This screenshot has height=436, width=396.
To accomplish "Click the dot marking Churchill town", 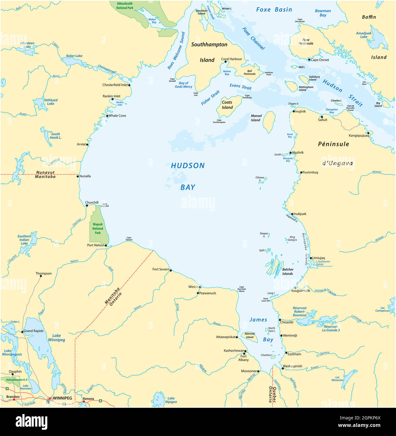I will tap(87, 206).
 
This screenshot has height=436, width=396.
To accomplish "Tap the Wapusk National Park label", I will tap(98, 228).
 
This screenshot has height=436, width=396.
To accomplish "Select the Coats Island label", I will tap(227, 105).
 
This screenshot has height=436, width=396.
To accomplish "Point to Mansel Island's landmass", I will tap(269, 122).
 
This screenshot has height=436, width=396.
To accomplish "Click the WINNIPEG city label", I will tap(62, 398).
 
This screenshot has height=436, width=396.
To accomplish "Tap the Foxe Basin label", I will tap(274, 10).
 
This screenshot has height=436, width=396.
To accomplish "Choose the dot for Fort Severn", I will tap(171, 270).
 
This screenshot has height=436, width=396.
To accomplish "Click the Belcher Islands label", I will tap(288, 271).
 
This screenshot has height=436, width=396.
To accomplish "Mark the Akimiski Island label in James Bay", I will tap(250, 336).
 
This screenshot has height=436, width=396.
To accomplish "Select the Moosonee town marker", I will tap(258, 371).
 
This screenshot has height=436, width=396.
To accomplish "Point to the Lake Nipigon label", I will tap(171, 400).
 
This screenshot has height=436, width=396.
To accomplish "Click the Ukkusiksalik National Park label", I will tap(125, 6).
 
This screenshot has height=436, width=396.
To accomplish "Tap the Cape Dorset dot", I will tap(309, 60).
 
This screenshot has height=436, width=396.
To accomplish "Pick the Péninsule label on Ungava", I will tap(333, 144).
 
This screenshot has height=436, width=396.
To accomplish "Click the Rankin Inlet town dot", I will tap(112, 99).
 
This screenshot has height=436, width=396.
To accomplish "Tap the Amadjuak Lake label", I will tap(364, 35).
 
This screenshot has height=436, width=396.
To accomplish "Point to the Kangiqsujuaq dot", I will tap(368, 133).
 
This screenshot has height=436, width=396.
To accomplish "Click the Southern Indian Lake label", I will tap(24, 240).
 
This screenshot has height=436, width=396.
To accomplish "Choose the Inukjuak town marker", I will tap(292, 214).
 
